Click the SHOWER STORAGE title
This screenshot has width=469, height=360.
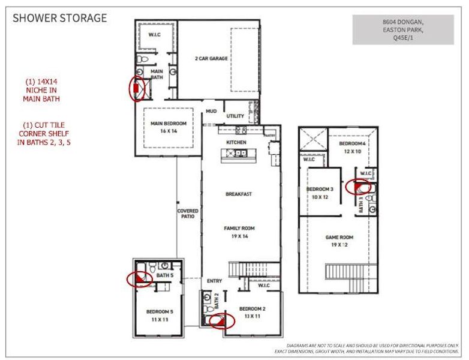tap(60, 17)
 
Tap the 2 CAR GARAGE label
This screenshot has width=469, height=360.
tap(211, 59)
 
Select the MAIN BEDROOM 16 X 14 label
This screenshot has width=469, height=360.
tap(169, 127)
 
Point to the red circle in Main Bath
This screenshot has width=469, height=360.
tap(137, 88)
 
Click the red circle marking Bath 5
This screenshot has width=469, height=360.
tap(140, 278)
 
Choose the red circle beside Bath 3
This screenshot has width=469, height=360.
tap(360, 186)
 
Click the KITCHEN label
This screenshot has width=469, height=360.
tap(236, 142)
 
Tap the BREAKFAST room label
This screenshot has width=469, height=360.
tap(238, 194)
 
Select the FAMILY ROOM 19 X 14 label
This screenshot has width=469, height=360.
tap(239, 232)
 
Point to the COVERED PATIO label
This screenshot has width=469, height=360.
tap(188, 214)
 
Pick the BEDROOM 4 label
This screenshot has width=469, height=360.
tap(352, 148)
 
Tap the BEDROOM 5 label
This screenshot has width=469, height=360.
tap(160, 316)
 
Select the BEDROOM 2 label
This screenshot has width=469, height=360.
tap(252, 312)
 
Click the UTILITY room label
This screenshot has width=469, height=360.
tap(235, 116)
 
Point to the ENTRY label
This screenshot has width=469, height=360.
tap(215, 281)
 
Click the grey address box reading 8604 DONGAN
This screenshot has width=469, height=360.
tap(402, 29)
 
